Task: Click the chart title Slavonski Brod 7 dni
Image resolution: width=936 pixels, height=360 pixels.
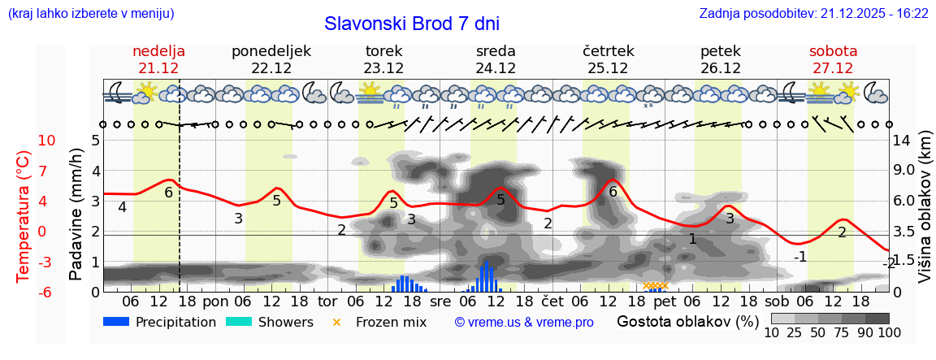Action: pos(412,23)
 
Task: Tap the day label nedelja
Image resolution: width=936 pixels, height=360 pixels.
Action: pos(158,51)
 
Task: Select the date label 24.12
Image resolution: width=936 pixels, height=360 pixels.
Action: pos(496,68)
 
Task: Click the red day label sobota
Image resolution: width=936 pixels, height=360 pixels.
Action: pos(833,51)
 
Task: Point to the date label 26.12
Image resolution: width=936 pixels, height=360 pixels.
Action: pos(720,68)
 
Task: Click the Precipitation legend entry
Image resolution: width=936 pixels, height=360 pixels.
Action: pos(161,322)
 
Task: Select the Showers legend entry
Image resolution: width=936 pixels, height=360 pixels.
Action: pos(270,322)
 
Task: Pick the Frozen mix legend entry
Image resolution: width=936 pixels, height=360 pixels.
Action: pos(381,322)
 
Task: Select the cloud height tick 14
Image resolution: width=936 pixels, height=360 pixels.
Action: pos(903,141)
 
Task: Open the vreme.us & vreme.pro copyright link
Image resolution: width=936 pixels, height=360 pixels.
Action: pos(524,322)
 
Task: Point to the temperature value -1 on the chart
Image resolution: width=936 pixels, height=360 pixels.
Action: pos(800,257)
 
